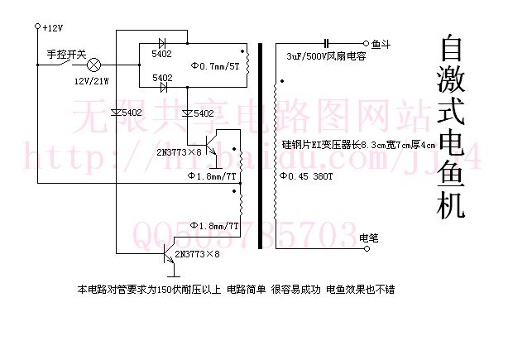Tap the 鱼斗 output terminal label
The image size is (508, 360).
click(x=382, y=42)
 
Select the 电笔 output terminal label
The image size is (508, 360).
click(x=371, y=239)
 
